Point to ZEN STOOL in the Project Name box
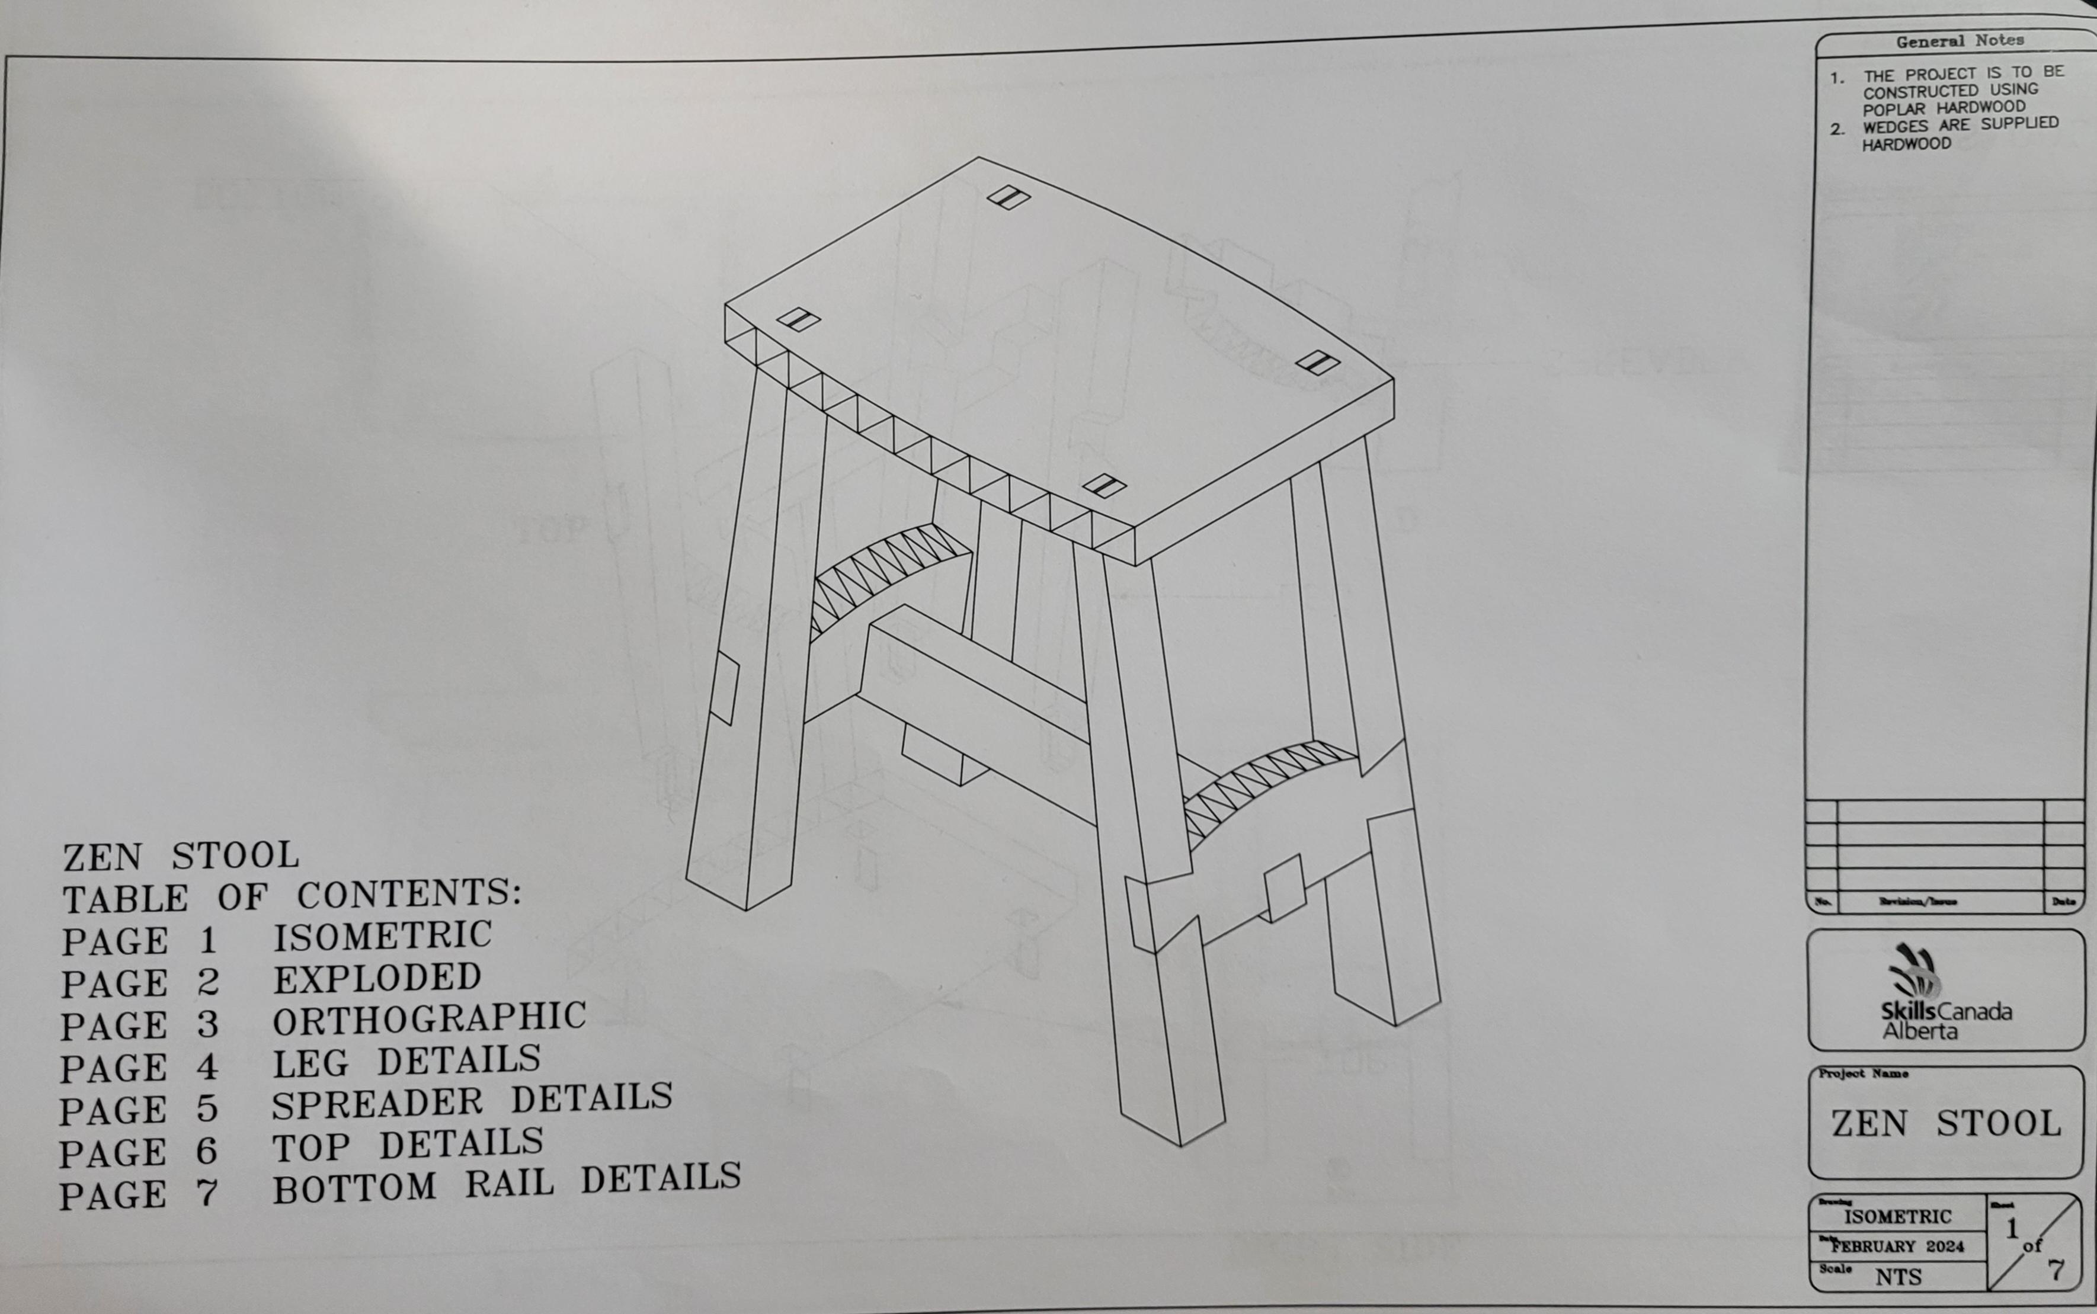pos(1946,1124)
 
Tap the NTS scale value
pos(1898,1277)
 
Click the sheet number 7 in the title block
pos(2054,1270)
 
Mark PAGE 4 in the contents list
pos(139,1067)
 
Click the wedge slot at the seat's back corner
pos(1008,198)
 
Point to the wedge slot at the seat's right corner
pos(1317,363)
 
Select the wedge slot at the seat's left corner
pos(798,320)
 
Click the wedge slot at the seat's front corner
pos(1104,486)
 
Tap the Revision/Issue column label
pos(1916,902)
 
